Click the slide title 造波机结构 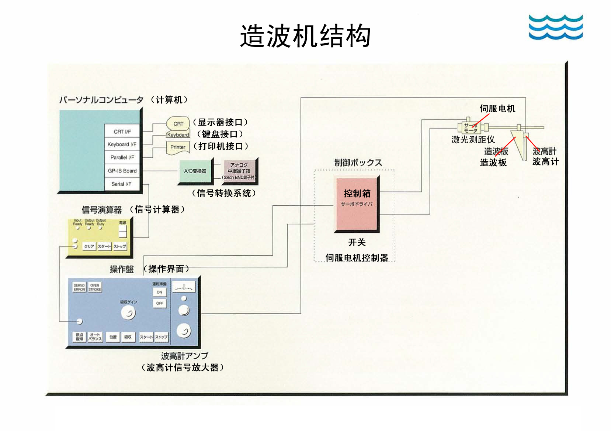coord(305,36)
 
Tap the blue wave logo coord(555,27)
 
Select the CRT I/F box coord(122,131)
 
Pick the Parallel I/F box coord(122,157)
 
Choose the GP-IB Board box coord(122,171)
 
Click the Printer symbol coord(178,147)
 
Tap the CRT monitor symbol coord(178,123)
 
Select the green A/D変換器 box coord(195,171)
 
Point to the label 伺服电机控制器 coord(357,257)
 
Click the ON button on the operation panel coord(159,292)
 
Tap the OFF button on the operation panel coord(159,303)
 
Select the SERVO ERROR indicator coord(79,287)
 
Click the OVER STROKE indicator coord(95,287)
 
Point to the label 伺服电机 coord(497,109)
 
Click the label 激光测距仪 coord(473,140)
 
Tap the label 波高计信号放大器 coord(183,367)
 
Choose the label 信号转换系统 coord(224,193)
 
